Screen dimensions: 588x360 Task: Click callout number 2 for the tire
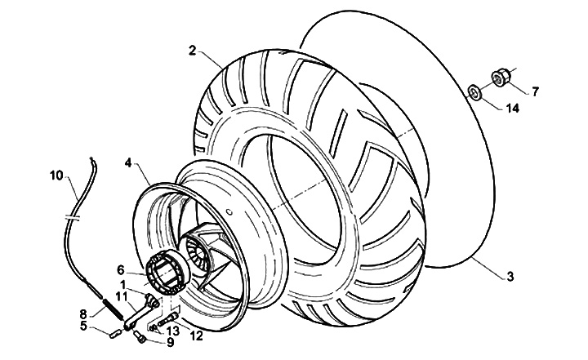[x=191, y=50]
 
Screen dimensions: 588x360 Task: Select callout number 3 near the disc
[x=510, y=277]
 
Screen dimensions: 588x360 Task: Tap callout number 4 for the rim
[x=127, y=163]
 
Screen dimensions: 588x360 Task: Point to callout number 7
[x=536, y=91]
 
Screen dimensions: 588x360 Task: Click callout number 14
[x=512, y=108]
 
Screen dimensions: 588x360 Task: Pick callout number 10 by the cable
[x=56, y=174]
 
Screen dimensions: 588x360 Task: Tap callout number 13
[x=172, y=331]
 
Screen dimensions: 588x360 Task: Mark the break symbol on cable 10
[x=72, y=219]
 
